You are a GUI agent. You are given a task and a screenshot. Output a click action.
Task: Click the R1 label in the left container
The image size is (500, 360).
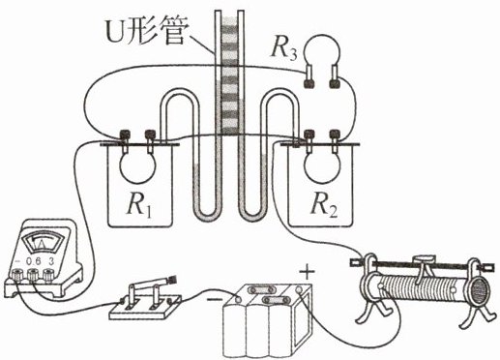tap(139, 205)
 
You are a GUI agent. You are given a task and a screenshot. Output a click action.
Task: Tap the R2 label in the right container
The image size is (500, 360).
tap(324, 205)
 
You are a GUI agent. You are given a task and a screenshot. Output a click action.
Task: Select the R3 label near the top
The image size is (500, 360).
tap(283, 50)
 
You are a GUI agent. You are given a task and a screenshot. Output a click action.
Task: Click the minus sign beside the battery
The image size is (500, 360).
tap(215, 299)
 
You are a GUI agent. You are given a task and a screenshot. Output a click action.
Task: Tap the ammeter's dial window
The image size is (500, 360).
tap(42, 243)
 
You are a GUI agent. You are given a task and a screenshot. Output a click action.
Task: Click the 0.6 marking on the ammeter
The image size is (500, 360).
tap(34, 261)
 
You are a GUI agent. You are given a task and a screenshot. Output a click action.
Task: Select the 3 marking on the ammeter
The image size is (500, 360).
tap(51, 261)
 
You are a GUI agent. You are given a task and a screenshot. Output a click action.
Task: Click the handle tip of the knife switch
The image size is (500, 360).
tap(172, 280)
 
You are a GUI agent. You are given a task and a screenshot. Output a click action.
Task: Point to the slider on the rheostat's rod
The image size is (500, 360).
tap(424, 258)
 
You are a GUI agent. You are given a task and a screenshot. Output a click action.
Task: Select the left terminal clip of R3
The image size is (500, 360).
tap(309, 76)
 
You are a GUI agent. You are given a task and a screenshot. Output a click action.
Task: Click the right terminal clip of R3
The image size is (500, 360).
tap(335, 76)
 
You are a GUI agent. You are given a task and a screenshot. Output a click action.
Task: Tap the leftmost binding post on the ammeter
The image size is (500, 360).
tap(16, 275)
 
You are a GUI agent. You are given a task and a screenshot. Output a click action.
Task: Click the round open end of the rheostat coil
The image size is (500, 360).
tap(481, 289)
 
